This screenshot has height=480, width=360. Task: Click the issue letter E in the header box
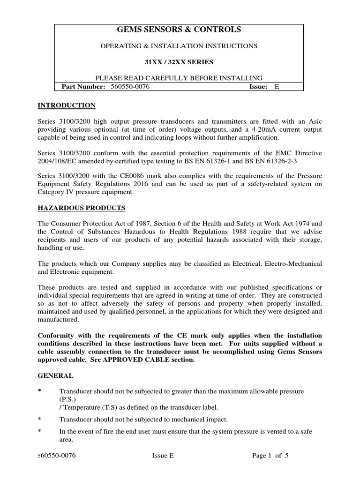click(x=277, y=87)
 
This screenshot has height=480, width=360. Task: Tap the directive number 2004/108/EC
click(x=57, y=161)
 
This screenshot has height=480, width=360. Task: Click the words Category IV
click(x=57, y=192)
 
